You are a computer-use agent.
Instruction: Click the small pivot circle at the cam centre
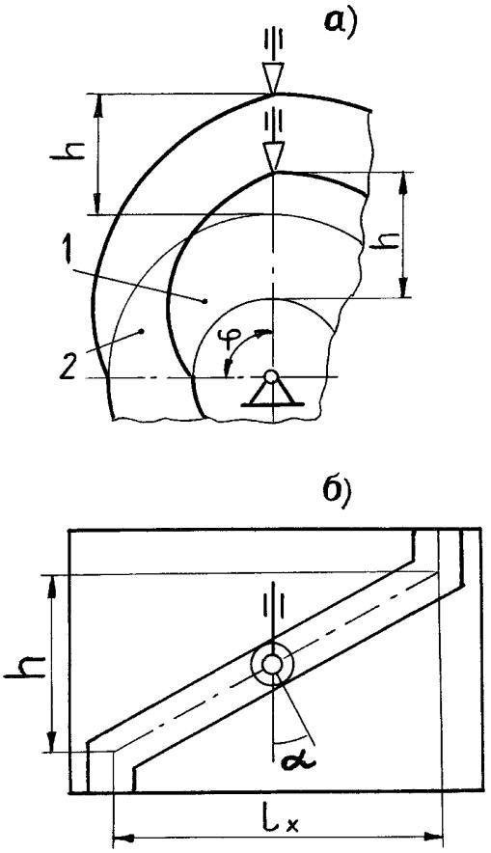(x=271, y=376)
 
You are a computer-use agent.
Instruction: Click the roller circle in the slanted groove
(x=272, y=664)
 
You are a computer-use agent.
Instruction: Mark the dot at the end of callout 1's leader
(x=205, y=300)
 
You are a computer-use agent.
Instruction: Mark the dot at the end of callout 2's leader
(x=142, y=330)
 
